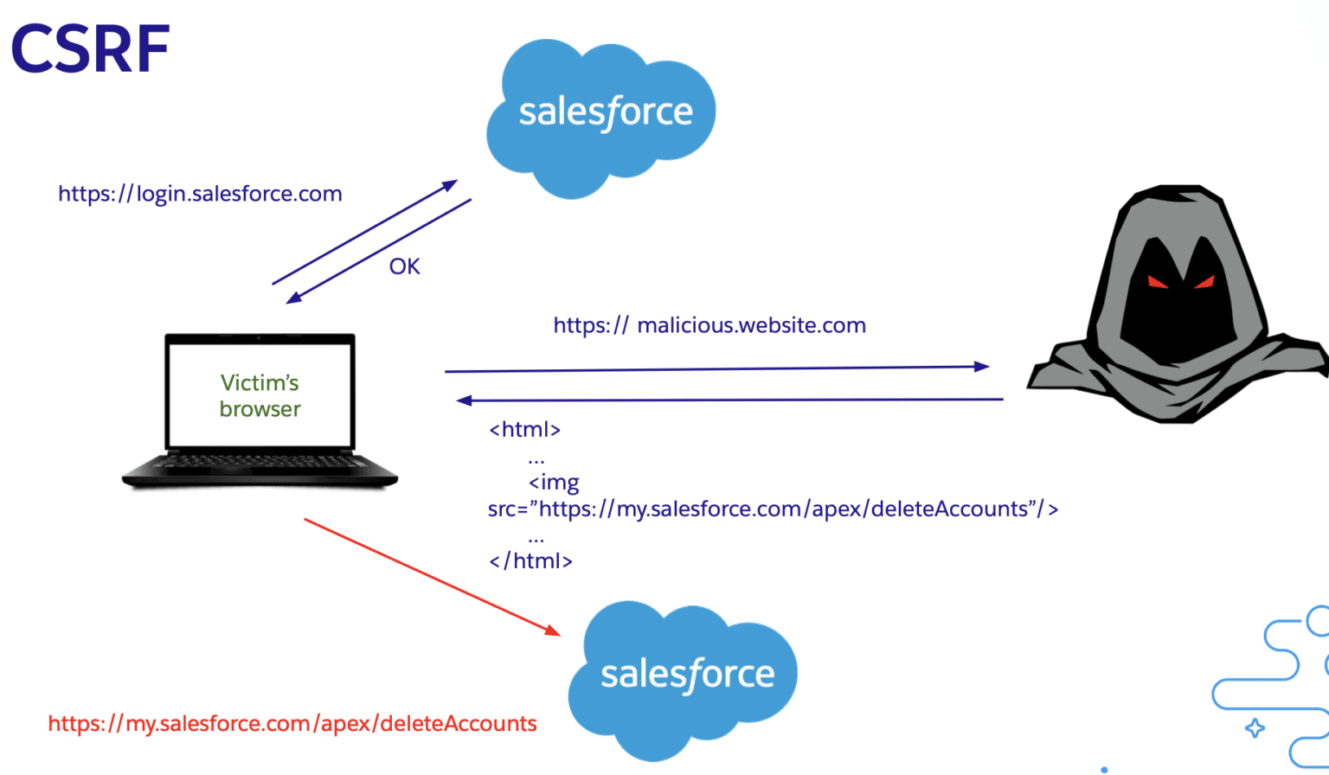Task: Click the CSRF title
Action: click(x=90, y=49)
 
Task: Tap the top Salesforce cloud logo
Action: click(x=603, y=114)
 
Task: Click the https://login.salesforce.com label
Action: click(x=200, y=194)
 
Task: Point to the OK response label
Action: click(x=404, y=266)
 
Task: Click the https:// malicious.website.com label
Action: click(x=709, y=325)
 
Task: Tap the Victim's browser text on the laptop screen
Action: click(x=260, y=395)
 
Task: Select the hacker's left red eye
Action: click(x=1158, y=282)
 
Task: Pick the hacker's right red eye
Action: click(x=1204, y=281)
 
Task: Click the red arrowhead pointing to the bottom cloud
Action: click(x=552, y=630)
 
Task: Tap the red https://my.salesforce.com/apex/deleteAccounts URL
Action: click(x=292, y=724)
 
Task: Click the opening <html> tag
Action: click(x=525, y=430)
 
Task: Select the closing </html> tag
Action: click(x=530, y=561)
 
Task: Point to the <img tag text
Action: click(x=554, y=483)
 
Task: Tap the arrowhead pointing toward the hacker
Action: click(x=981, y=367)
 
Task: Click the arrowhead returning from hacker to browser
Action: click(x=465, y=400)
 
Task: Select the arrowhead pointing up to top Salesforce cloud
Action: click(x=450, y=184)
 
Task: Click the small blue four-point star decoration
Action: click(x=1254, y=727)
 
